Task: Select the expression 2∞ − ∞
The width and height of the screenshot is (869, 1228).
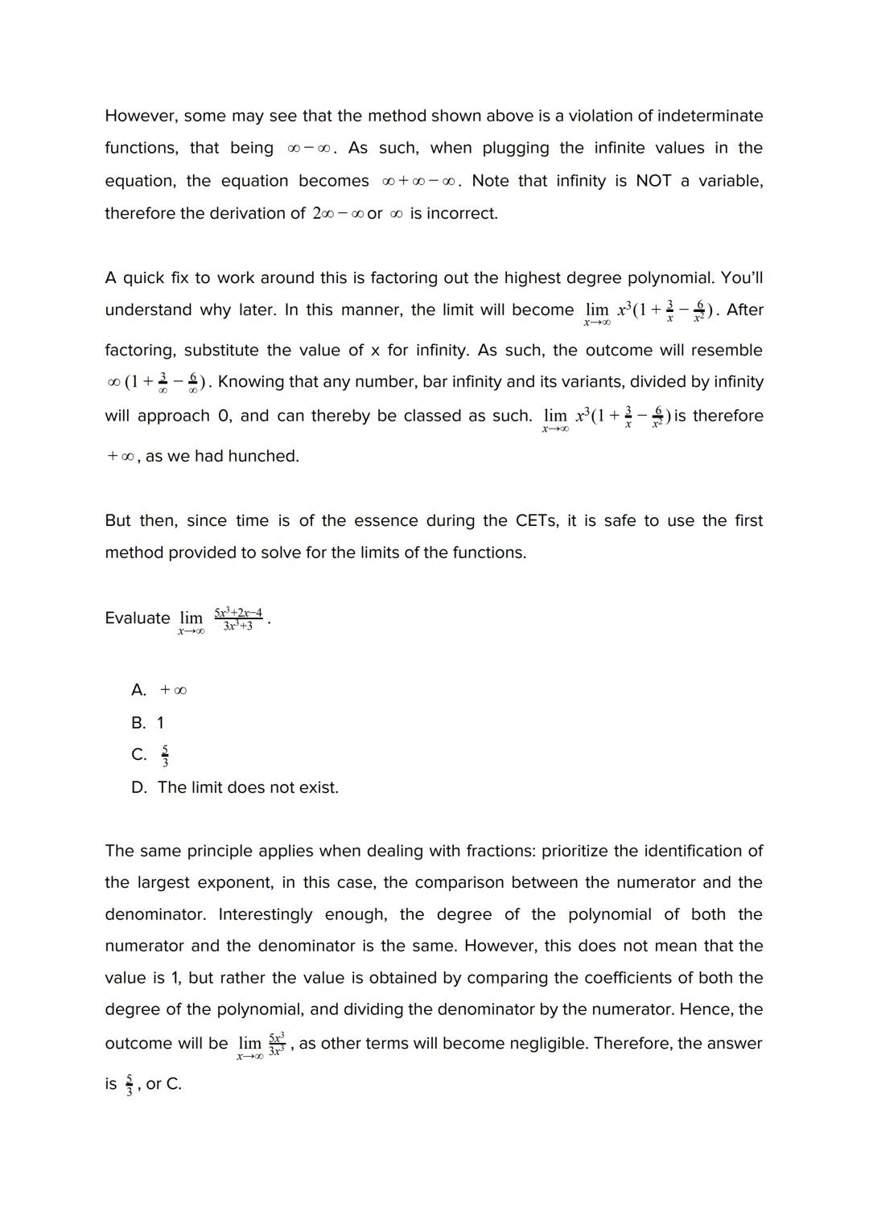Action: point(337,214)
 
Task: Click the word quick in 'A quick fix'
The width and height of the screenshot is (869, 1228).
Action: point(148,277)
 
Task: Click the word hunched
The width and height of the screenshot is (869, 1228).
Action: point(263,456)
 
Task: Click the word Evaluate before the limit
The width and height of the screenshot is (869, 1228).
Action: point(138,618)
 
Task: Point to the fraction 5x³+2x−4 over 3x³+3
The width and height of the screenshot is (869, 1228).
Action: point(238,618)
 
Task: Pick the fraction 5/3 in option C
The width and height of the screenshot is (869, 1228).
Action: point(165,755)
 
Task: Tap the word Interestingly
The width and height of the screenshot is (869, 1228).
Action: point(266,914)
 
